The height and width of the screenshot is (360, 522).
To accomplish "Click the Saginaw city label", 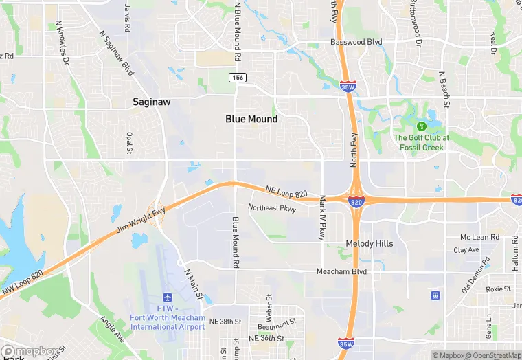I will point(151,102).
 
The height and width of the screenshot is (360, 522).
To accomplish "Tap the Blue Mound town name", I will point(251,119).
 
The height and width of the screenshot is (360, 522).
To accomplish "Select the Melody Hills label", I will point(370,244).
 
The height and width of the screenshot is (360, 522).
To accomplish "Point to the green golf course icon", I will point(421,126).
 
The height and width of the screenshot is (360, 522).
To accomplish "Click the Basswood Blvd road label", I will point(356,42).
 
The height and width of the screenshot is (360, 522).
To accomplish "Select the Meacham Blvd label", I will point(341,272).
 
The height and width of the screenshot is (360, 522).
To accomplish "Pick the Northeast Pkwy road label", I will point(272,207).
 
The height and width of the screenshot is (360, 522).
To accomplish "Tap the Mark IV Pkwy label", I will point(321,218).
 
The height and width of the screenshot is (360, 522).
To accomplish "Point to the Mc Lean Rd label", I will point(479,237).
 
